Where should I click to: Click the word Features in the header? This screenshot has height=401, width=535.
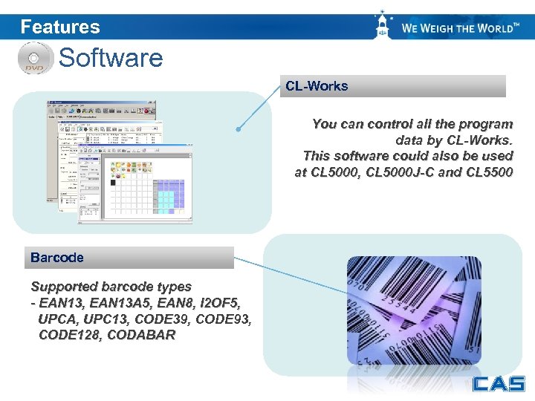click(x=60, y=27)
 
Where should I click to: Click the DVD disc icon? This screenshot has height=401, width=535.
click(x=34, y=58)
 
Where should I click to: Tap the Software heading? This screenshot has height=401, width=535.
click(x=111, y=57)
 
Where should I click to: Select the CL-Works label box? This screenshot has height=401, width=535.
click(x=395, y=86)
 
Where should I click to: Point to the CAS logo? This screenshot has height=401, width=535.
click(x=498, y=384)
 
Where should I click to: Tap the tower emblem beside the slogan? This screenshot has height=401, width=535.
click(x=383, y=26)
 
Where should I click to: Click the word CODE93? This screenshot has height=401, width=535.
click(x=227, y=319)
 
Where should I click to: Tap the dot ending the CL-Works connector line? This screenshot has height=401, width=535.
click(x=238, y=129)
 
